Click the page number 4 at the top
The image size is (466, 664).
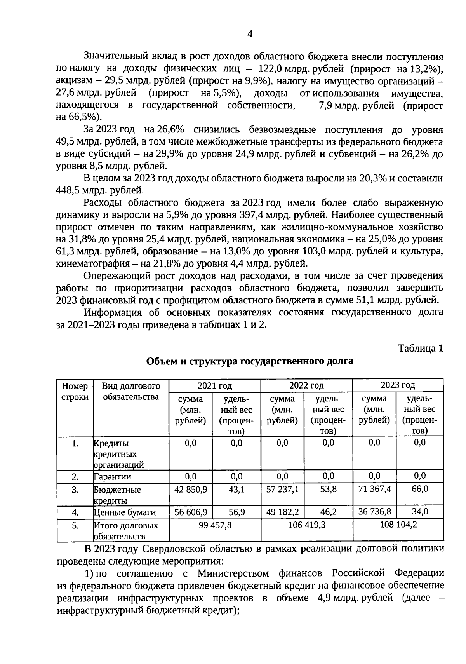250,34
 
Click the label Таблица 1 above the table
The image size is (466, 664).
420,348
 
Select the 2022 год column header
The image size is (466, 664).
306,385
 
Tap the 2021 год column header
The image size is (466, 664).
214,385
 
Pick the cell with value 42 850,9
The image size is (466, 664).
191,489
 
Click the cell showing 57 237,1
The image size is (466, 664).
282,489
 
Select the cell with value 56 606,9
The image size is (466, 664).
191,512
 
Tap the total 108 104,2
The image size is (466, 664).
398,525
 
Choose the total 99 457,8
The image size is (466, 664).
214,525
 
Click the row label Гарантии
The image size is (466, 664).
113,477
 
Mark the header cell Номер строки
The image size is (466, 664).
75,391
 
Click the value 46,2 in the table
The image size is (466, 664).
328,512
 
